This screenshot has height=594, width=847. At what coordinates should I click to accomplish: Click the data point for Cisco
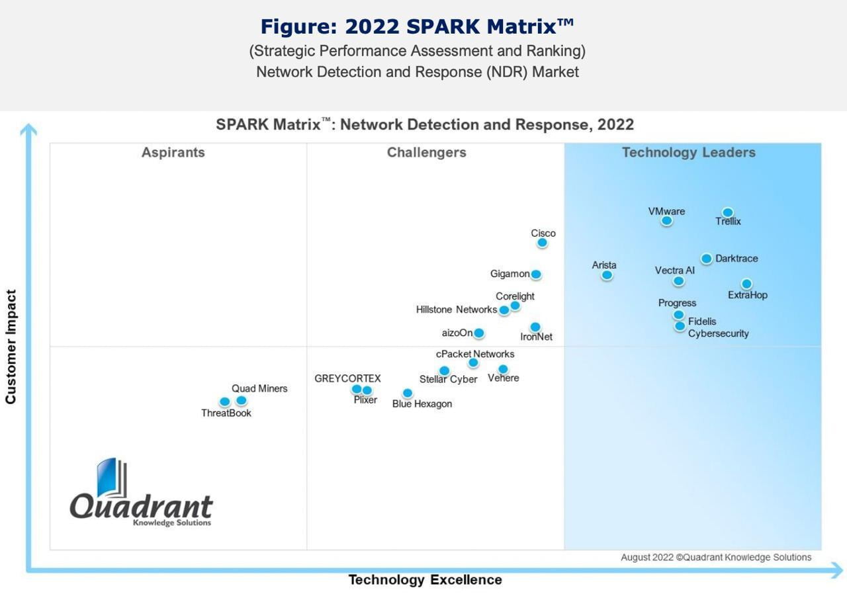point(542,243)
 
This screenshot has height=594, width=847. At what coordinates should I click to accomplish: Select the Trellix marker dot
point(727,212)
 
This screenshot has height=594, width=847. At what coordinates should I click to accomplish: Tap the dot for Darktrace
point(706,259)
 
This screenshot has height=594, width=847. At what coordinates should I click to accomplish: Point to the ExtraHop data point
point(746,284)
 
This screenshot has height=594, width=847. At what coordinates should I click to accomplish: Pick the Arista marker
point(607,275)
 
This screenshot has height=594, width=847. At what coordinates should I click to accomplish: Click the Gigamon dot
point(536,275)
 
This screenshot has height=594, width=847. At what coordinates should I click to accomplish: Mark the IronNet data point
point(535,327)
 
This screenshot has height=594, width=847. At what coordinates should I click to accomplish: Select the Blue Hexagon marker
point(408,393)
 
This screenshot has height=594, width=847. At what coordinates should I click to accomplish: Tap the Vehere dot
point(503,369)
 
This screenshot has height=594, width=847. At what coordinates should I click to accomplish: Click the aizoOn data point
point(478,333)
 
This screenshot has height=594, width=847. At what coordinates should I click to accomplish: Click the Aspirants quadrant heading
point(173,153)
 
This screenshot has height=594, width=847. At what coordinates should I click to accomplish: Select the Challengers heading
point(427,153)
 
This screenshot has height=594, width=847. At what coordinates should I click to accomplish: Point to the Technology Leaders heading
point(688,153)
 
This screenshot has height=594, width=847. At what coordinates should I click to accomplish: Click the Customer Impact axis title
point(11,347)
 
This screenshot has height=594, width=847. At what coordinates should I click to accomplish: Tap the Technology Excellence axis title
point(425,580)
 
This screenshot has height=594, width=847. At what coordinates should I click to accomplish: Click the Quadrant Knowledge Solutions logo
point(141,493)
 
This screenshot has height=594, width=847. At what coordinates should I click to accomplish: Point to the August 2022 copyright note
point(716,558)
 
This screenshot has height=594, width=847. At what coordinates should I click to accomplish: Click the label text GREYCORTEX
point(347,378)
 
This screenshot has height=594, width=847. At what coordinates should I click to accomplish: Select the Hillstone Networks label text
point(456,310)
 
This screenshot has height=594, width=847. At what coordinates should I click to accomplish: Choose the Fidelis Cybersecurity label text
point(718,327)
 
